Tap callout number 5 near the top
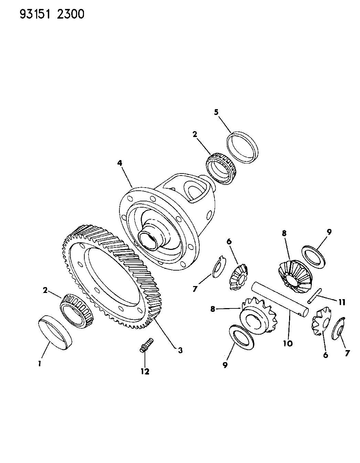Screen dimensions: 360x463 click(216, 112)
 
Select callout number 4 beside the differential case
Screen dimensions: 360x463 click(120, 164)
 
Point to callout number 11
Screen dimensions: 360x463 click(342, 302)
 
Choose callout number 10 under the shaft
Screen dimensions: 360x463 click(288, 344)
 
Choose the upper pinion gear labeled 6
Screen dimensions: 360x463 click(239, 277)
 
